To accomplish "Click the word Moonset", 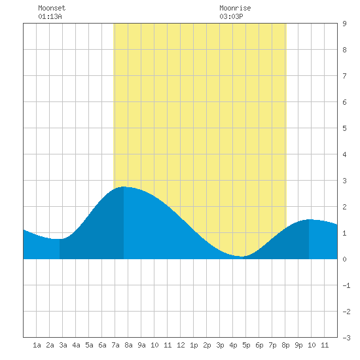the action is [52, 8].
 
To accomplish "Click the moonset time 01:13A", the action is [50, 16].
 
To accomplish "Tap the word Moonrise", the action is [235, 8].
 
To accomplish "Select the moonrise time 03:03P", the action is [231, 16].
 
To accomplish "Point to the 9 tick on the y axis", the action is [344, 24].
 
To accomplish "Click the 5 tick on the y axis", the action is [344, 128].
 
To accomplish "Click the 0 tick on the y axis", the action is [344, 259].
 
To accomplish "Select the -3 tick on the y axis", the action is [346, 338].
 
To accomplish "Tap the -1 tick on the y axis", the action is [346, 285].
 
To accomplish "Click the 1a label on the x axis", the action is [37, 345].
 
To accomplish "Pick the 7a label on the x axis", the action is [115, 345].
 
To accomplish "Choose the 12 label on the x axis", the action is [181, 345].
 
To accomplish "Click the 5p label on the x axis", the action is [246, 345].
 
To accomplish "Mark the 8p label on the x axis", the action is [285, 345].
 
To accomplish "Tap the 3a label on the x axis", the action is [63, 345].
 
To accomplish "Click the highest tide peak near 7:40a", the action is [124, 187].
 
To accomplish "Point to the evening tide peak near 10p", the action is [309, 220].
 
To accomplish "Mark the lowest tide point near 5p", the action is [242, 257].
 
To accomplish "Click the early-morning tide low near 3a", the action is [59, 239].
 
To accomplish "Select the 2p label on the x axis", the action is [207, 345].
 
